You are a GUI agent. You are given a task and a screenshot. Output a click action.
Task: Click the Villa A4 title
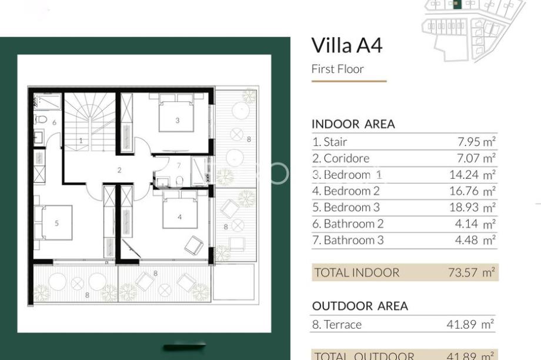(347, 45)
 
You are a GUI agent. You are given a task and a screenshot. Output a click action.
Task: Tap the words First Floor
(338, 69)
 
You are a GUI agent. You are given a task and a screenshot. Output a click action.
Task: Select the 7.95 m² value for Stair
(476, 142)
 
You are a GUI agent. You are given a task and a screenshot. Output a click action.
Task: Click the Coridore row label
(341, 158)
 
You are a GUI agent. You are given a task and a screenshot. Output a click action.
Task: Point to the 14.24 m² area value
(472, 175)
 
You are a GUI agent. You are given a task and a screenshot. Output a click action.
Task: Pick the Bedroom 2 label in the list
(346, 191)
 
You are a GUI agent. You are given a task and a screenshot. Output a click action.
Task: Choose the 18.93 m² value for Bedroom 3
(472, 207)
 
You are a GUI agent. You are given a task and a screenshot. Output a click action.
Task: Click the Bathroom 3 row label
(348, 240)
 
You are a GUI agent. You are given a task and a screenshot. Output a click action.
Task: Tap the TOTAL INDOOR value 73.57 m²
(471, 272)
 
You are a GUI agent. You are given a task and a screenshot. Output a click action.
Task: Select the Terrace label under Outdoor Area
(337, 325)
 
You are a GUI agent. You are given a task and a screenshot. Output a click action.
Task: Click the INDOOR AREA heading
(353, 124)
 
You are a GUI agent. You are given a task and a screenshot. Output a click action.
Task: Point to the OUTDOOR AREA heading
(360, 306)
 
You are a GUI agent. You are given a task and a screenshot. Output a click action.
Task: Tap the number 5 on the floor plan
(56, 224)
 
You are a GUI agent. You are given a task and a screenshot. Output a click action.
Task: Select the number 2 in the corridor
(119, 170)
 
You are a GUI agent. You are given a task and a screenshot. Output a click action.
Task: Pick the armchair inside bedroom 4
(194, 245)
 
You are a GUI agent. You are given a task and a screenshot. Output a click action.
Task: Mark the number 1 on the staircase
(81, 141)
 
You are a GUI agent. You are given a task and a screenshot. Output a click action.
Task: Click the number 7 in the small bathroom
(178, 166)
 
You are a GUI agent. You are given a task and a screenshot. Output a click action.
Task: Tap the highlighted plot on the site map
(456, 4)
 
